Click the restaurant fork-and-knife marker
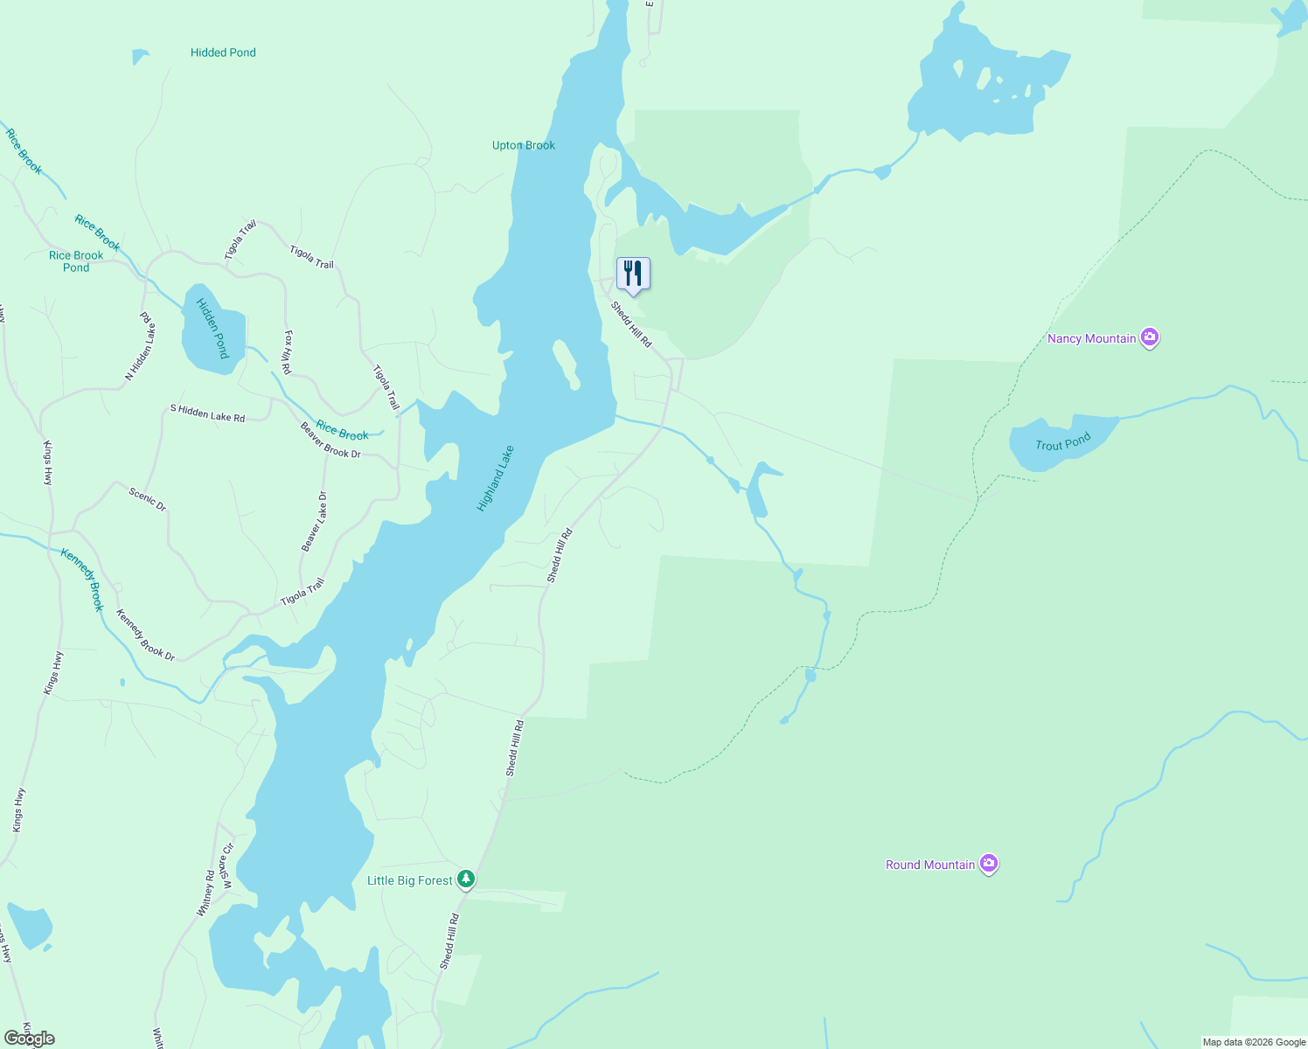633,274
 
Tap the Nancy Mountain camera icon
1150,337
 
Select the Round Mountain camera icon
989,864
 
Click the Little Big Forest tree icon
466,879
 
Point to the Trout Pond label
1062,442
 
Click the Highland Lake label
495,478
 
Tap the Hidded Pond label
223,52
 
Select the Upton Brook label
523,145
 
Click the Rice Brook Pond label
76,261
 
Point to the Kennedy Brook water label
82,579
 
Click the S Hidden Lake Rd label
207,413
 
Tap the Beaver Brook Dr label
330,441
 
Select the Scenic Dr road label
147,499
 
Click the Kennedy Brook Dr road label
145,635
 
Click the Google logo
30,1039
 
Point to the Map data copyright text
1253,1042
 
